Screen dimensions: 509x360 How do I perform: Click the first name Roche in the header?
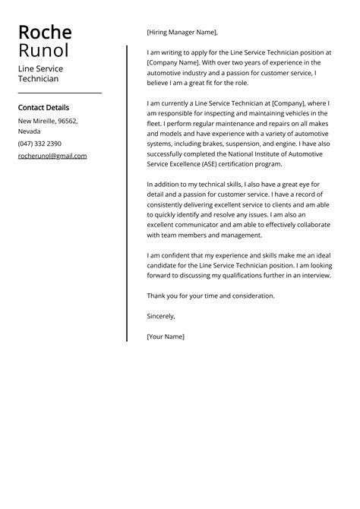tap(45, 33)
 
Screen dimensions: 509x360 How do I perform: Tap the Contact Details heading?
tap(43, 108)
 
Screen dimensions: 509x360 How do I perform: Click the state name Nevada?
tap(30, 131)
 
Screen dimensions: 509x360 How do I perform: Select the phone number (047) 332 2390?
tap(40, 144)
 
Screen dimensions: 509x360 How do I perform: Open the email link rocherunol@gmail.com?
tap(52, 156)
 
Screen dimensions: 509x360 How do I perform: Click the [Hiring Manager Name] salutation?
tap(182, 33)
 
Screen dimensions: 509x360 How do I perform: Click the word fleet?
tap(155, 122)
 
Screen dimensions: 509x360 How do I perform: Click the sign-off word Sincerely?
tap(161, 315)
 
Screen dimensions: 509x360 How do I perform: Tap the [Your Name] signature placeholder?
tap(166, 336)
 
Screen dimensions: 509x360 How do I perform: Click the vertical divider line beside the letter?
tap(127, 190)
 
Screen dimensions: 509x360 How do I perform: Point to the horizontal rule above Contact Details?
tap(60, 93)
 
